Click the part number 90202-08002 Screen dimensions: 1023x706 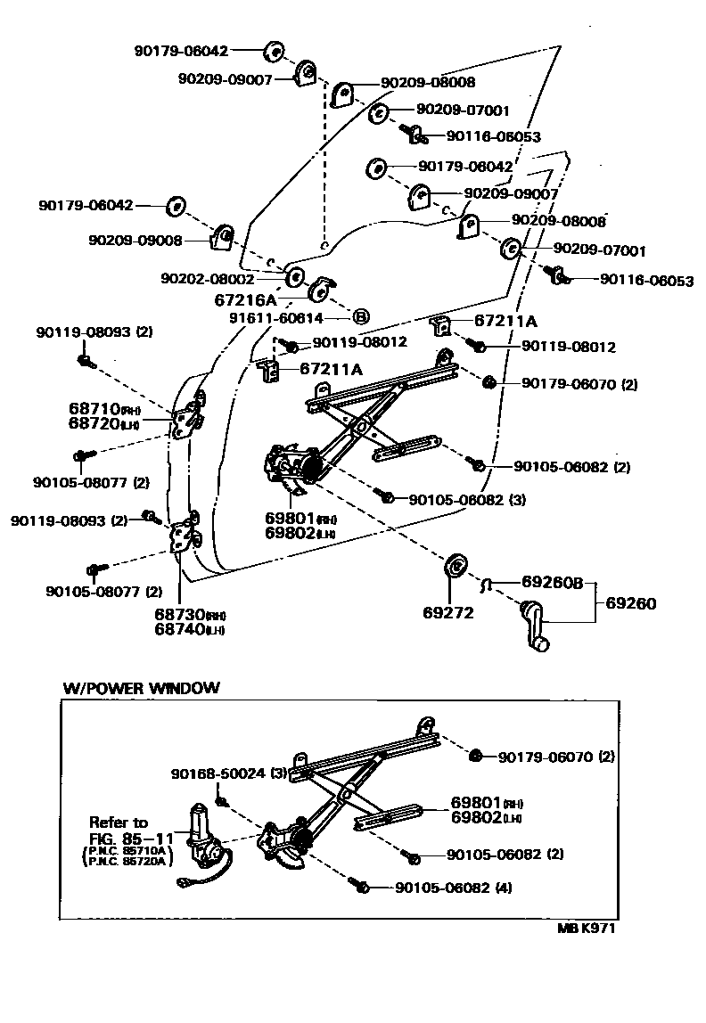coord(207,279)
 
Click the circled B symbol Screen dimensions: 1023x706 coord(361,316)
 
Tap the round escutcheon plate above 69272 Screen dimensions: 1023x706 coord(456,565)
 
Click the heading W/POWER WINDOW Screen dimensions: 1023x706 coord(140,688)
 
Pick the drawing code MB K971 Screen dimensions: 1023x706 coord(587,928)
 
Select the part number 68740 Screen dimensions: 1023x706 coord(178,630)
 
